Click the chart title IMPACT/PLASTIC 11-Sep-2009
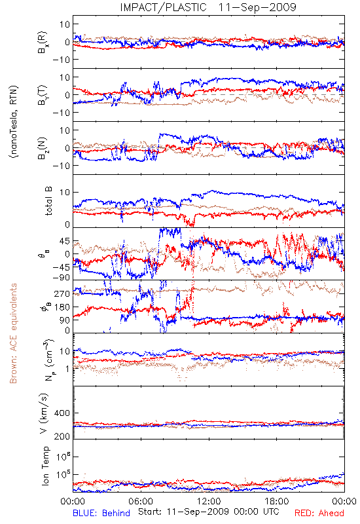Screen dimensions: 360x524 208,7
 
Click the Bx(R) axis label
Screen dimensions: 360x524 43,42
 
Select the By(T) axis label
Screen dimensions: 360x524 43,95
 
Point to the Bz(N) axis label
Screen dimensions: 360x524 43,148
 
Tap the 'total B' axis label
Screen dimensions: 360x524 48,201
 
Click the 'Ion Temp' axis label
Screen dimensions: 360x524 45,466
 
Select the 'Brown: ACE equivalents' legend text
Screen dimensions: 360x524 13,333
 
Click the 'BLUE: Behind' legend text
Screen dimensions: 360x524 101,513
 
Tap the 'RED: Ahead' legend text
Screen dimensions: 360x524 319,513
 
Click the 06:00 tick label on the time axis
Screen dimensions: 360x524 141,501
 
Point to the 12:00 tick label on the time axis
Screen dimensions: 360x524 209,501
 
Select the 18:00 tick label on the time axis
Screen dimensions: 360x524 277,501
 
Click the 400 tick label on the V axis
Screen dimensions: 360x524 62,413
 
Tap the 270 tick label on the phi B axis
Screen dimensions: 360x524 62,293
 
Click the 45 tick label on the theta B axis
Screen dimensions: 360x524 65,241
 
